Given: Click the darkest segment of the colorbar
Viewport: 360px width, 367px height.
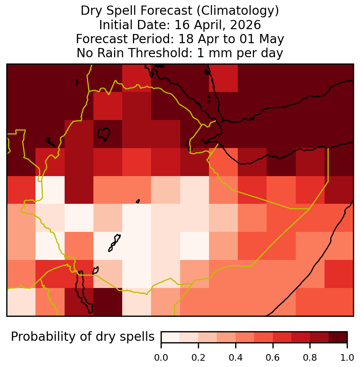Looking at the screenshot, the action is [338, 337].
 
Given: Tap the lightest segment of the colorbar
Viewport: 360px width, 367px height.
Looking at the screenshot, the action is [171, 337].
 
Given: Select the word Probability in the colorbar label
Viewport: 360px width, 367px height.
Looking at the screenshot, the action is [43, 337].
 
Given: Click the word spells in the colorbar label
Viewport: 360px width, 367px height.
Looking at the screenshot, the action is [137, 337].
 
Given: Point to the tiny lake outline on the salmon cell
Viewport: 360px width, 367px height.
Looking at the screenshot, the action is [138, 201].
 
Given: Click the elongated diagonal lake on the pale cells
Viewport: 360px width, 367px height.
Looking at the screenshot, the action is [114, 243].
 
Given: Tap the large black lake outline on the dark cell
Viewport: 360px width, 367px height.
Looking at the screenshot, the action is [104, 134].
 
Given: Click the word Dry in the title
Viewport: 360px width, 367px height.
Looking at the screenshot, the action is [92, 11].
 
